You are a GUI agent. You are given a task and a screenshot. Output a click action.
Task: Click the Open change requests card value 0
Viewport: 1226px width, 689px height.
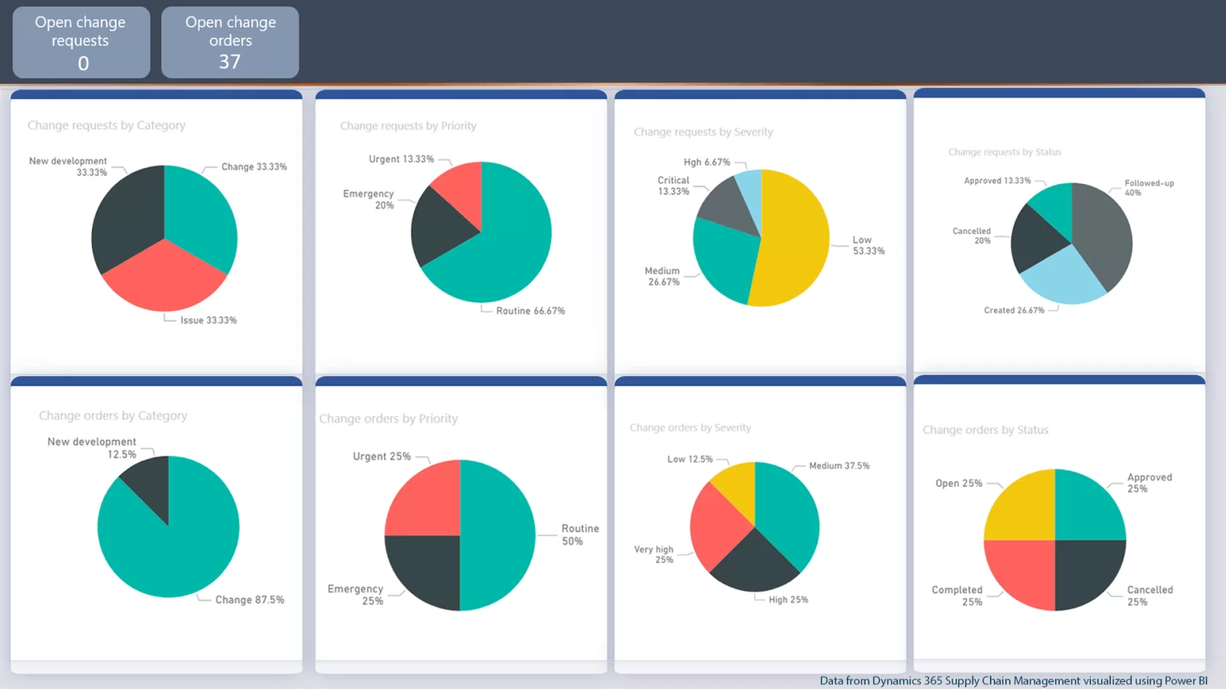[83, 63]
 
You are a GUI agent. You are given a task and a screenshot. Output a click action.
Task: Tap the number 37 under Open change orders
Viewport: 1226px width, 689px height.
[230, 62]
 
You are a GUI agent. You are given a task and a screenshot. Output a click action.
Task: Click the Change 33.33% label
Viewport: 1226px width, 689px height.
[254, 167]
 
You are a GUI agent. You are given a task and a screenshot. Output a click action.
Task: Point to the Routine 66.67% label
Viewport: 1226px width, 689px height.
[530, 311]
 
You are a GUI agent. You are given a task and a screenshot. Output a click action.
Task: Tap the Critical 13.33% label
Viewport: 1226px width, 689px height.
[673, 186]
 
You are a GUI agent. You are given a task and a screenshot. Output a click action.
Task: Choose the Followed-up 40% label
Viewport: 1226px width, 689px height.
[1149, 188]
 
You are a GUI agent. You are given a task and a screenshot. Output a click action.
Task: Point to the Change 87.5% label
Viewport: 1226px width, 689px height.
[249, 600]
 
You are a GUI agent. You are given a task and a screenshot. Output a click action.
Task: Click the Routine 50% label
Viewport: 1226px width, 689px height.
[580, 534]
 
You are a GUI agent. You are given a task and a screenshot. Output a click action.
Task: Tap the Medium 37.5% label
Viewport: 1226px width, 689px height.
[839, 465]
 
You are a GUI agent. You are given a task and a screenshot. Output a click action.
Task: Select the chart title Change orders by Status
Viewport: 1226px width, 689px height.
[985, 430]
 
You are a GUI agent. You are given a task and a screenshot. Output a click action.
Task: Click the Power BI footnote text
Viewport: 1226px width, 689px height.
[1013, 681]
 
